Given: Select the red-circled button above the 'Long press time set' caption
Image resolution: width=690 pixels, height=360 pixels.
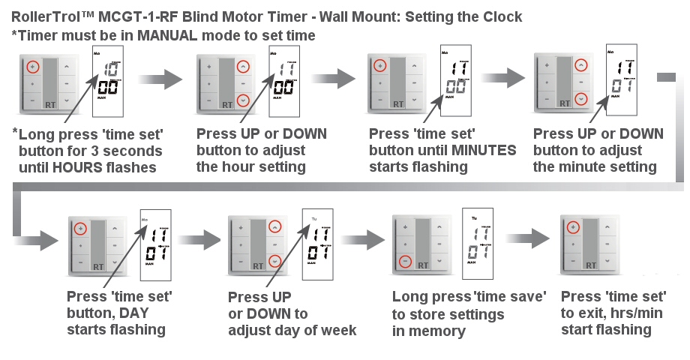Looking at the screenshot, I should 32,67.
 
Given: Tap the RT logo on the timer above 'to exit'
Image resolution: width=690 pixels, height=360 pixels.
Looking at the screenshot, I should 591,264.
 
